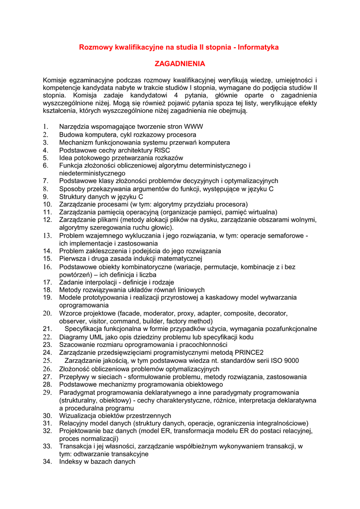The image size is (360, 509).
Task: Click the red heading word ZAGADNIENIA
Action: (180, 64)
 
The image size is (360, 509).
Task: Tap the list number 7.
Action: (45, 181)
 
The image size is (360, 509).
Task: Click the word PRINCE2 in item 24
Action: (247, 353)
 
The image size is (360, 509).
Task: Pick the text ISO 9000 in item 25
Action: (284, 361)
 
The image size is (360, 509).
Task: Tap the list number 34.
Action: (47, 462)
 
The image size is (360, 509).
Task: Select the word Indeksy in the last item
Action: (71, 462)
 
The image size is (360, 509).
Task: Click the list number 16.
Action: (47, 267)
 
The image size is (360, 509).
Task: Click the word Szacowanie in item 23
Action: (77, 345)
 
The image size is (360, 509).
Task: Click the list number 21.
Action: (47, 329)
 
